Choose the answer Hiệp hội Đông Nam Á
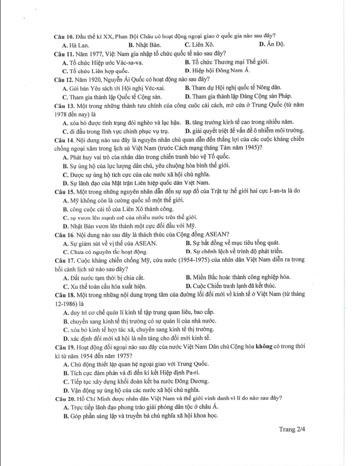pos(217,70)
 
